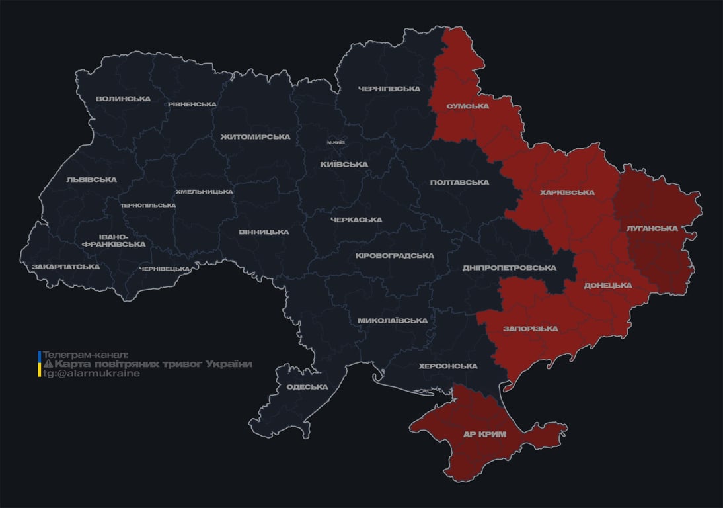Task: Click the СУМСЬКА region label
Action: tap(467, 106)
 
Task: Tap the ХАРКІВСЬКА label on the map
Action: tap(567, 192)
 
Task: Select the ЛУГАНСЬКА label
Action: tap(652, 228)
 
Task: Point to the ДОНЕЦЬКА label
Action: tap(607, 285)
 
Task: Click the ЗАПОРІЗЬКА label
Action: tap(530, 328)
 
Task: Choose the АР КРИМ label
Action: tap(485, 434)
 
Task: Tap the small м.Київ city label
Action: tap(336, 142)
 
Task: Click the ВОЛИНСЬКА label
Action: tap(123, 99)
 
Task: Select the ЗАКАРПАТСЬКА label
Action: tap(65, 267)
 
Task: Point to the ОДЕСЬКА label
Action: tap(307, 387)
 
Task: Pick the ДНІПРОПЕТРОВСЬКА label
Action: tap(509, 268)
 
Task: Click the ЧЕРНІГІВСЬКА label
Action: tap(389, 88)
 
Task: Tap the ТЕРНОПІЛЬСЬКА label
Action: tap(148, 205)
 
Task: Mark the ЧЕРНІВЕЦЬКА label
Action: tap(165, 269)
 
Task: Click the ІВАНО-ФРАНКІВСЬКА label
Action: tap(113, 240)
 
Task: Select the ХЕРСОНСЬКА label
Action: tap(448, 366)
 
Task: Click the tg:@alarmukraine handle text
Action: tap(91, 373)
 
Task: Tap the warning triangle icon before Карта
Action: tap(48, 364)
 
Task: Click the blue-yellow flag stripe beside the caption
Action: tap(39, 364)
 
